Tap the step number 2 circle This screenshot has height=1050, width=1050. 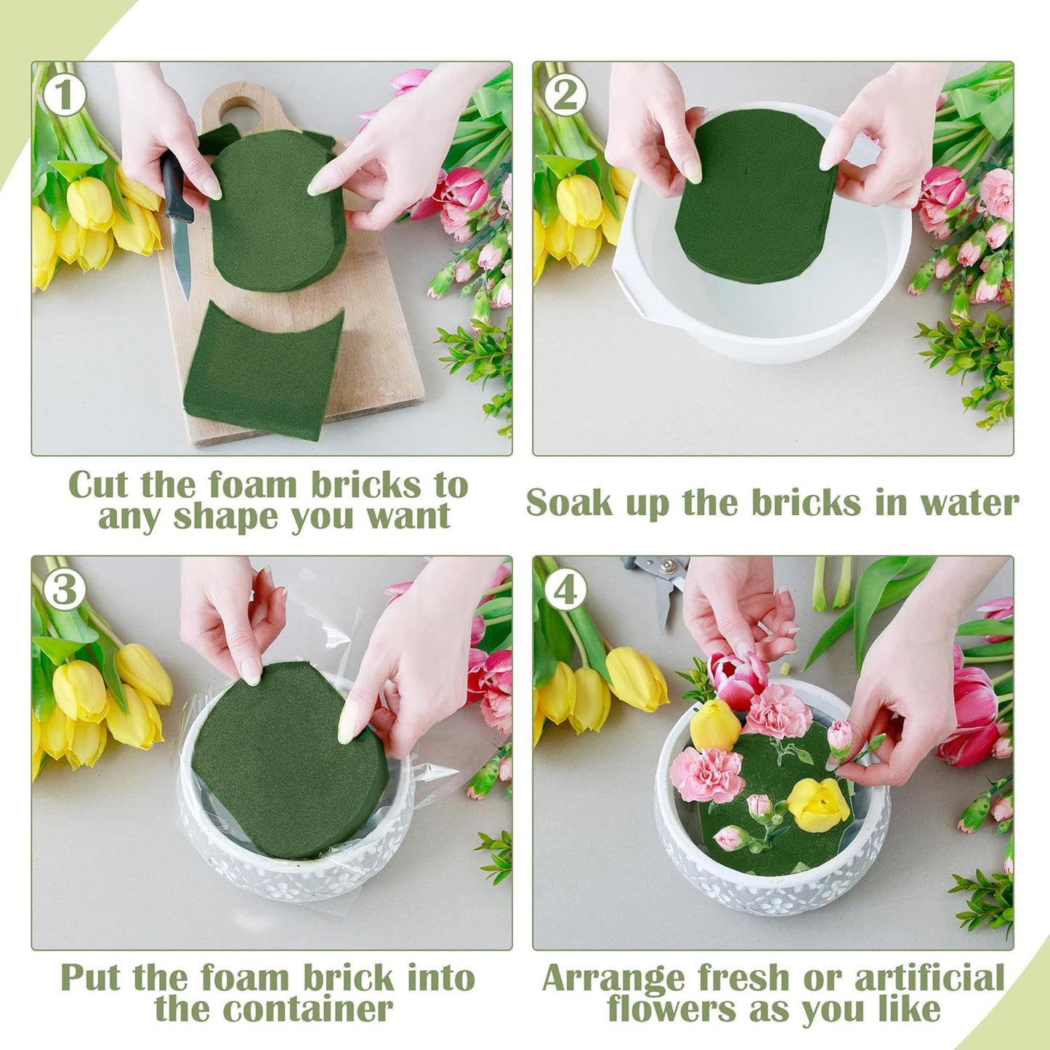[566, 95]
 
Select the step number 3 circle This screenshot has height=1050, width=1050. [65, 590]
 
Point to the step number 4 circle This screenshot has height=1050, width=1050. [566, 590]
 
